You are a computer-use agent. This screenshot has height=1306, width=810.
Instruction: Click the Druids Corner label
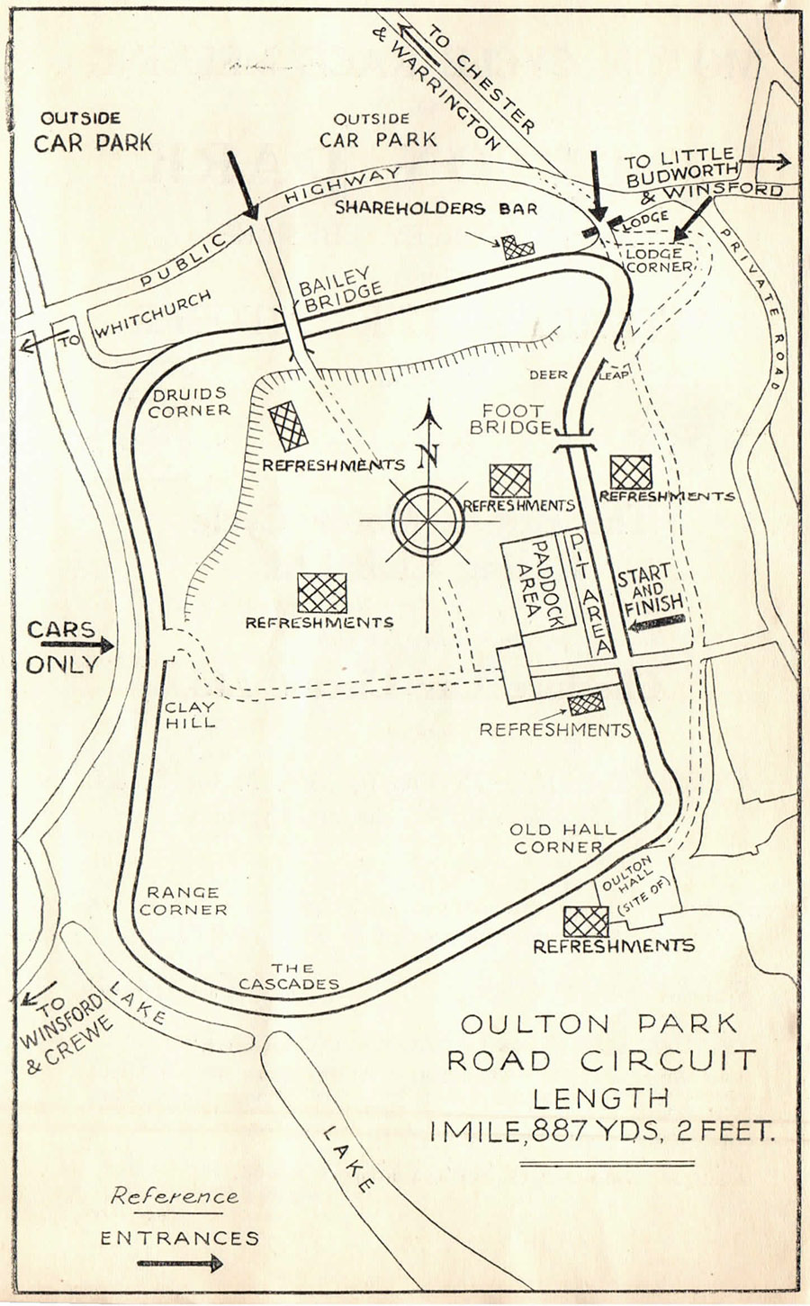coord(189,401)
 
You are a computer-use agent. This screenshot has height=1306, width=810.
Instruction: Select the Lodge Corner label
coord(660,261)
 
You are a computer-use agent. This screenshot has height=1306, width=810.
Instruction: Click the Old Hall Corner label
coord(563,838)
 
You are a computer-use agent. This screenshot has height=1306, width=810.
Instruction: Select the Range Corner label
coord(184,900)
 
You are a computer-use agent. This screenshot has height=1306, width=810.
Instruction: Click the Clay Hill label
coord(190,715)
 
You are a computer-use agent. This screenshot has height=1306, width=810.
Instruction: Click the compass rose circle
coord(429,519)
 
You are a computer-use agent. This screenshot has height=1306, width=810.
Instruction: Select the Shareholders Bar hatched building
coord(518,248)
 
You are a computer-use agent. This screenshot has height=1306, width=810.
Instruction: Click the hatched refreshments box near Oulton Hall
coord(585,921)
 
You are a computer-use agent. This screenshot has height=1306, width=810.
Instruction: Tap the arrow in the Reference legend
coord(179,1264)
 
